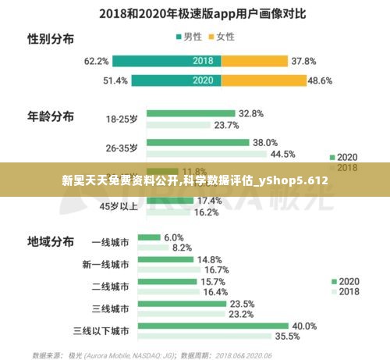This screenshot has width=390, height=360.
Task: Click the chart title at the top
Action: (195, 13)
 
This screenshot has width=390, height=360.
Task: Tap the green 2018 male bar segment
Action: (167, 60)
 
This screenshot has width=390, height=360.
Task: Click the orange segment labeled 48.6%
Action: (264, 80)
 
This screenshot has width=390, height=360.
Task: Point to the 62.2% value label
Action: (96, 60)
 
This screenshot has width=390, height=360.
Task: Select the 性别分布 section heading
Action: (51, 38)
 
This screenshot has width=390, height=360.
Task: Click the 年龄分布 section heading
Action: (51, 116)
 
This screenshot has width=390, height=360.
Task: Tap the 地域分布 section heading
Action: (51, 241)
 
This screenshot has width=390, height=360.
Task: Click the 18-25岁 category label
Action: (122, 119)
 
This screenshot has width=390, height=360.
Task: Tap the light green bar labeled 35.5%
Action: (204, 337)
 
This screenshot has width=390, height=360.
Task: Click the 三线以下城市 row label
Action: (101, 331)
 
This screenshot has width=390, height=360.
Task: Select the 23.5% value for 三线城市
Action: (243, 304)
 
